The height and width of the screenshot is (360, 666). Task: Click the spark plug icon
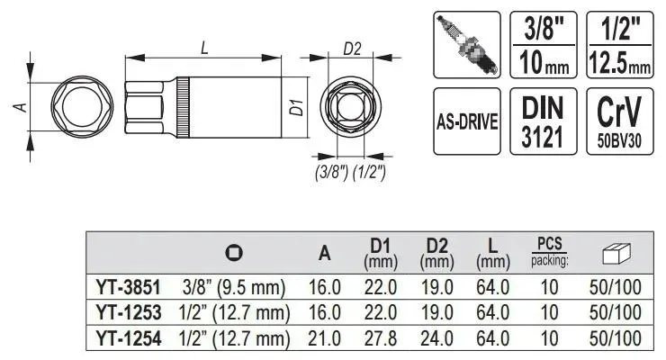tap(467, 45)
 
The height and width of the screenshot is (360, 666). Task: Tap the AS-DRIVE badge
tap(467, 121)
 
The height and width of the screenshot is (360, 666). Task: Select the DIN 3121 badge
tap(544, 121)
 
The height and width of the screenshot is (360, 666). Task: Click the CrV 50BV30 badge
tap(620, 121)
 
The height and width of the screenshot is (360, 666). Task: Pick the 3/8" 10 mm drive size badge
tap(544, 45)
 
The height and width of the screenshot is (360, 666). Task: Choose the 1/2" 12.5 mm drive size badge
tap(620, 45)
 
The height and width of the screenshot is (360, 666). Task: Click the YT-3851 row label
tap(129, 287)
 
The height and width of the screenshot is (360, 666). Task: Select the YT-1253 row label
tap(129, 313)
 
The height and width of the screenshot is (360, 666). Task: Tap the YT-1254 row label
tap(129, 338)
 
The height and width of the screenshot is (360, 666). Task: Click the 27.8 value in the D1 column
tap(381, 338)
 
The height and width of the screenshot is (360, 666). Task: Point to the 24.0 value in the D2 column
tap(436, 338)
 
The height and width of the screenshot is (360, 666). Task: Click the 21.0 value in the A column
tap(325, 338)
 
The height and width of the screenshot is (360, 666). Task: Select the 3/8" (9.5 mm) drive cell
tap(234, 287)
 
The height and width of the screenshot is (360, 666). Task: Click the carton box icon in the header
tap(616, 255)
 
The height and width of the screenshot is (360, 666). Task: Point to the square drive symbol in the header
tap(234, 253)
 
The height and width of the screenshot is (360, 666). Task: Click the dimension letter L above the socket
tap(204, 47)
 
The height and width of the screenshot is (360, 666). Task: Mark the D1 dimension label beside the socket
tap(298, 107)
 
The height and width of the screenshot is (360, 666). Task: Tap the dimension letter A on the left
tap(21, 107)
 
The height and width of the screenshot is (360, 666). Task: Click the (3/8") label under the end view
tap(332, 173)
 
